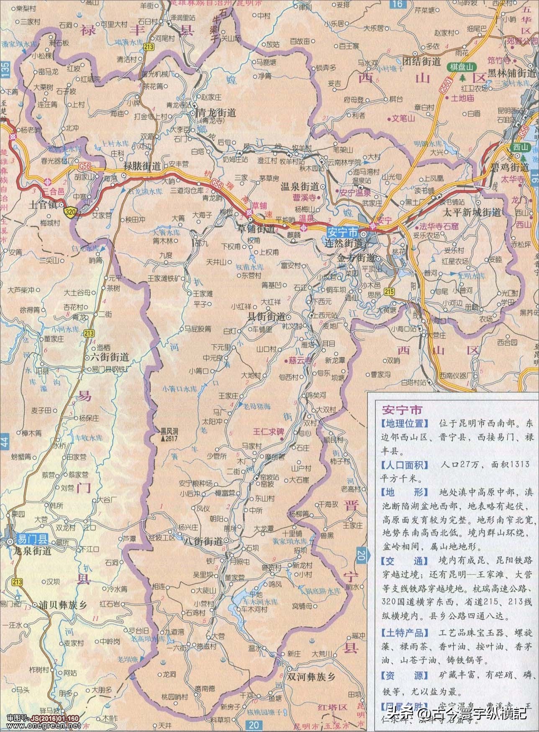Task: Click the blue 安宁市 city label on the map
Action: pyautogui.click(x=342, y=231)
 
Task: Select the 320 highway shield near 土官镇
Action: pyautogui.click(x=70, y=213)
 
